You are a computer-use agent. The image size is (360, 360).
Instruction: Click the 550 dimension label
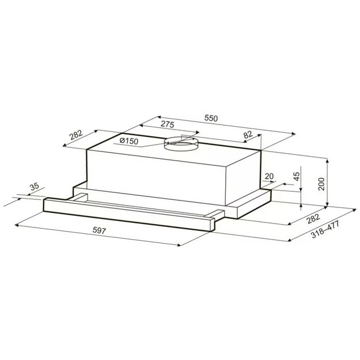211,118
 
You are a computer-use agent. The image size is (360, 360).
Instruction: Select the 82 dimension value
248,135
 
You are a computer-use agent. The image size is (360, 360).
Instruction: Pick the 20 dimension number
269,177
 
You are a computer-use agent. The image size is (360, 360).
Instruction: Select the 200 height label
322,183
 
